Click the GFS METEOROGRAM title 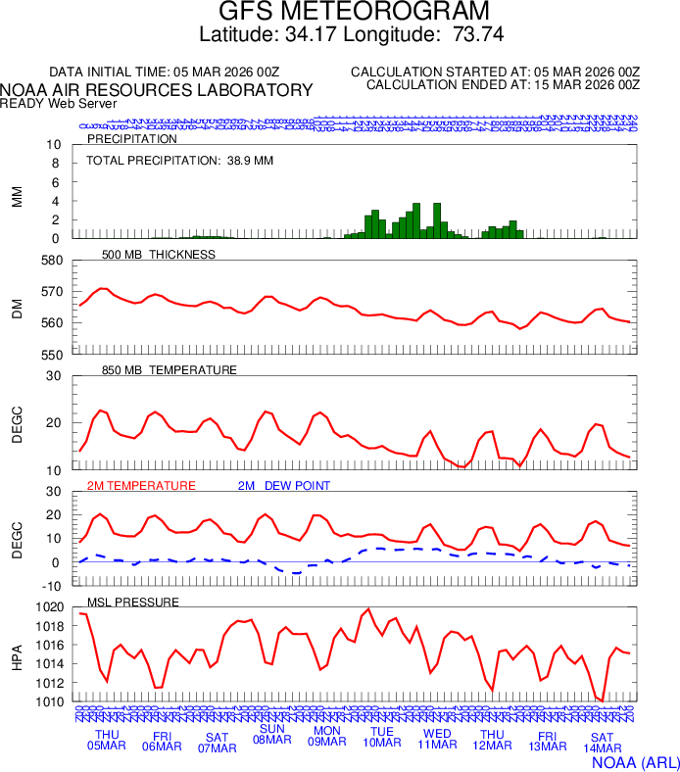click(x=339, y=13)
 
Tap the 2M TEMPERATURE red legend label click(x=141, y=486)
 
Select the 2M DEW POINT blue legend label click(x=284, y=486)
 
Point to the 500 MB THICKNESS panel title click(x=158, y=255)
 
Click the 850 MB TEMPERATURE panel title click(x=170, y=370)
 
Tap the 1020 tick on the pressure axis click(x=50, y=607)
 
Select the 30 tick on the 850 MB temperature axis click(x=54, y=376)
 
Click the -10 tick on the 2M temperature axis click(x=52, y=586)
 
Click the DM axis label click(x=17, y=308)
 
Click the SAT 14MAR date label click(x=603, y=743)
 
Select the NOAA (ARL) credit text click(x=635, y=761)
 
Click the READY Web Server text click(x=59, y=103)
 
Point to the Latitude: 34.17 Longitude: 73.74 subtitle click(x=339, y=35)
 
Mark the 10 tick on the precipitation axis click(x=54, y=145)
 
